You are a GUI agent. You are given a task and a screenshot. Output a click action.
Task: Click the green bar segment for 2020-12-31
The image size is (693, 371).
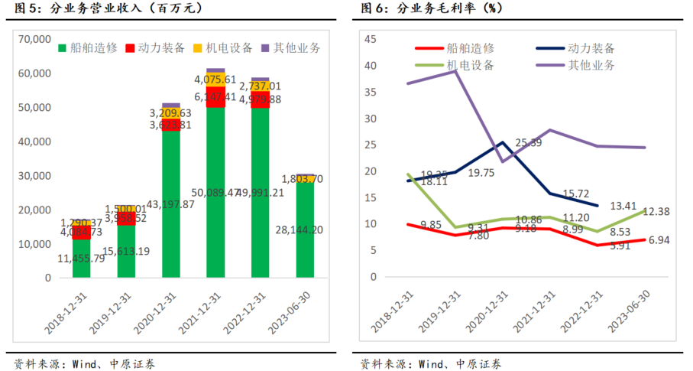pyautogui.click(x=170, y=207)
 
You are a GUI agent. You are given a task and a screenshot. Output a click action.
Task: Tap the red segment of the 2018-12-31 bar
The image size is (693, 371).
pyautogui.click(x=82, y=232)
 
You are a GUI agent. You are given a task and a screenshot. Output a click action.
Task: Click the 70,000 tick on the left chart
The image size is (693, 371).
pyautogui.click(x=34, y=39)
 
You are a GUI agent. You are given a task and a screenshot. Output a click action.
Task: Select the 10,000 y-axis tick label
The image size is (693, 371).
pyautogui.click(x=34, y=244)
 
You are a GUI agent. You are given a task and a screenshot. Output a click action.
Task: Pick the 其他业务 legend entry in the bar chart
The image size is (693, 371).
pyautogui.click(x=295, y=47)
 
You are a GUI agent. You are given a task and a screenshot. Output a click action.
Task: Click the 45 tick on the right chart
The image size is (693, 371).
pyautogui.click(x=371, y=39)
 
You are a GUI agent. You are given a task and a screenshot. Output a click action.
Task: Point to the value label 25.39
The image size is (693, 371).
pyautogui.click(x=528, y=143)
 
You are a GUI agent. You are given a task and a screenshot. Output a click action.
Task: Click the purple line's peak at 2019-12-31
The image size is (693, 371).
pyautogui.click(x=456, y=70)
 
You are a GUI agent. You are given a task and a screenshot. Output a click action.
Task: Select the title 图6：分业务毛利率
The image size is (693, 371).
pyautogui.click(x=432, y=8)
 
